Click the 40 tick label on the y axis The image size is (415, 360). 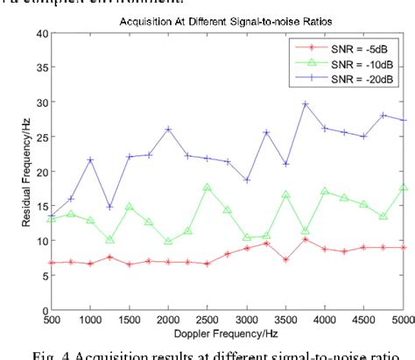39,34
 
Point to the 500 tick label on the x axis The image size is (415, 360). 52,321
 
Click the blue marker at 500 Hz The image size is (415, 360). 52,215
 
